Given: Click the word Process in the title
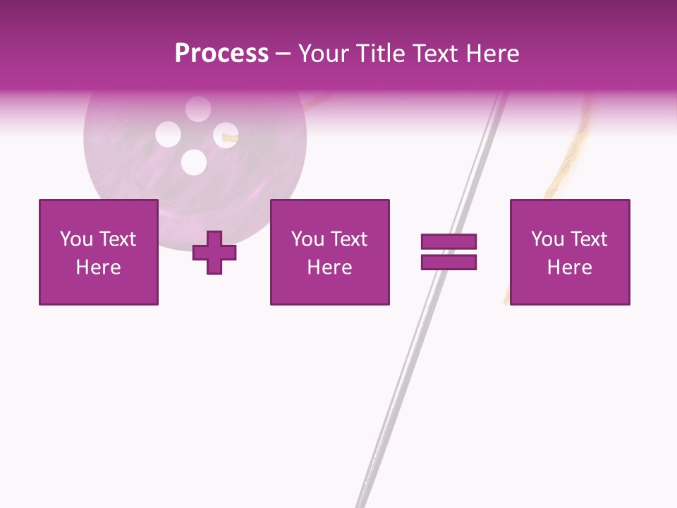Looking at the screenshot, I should (x=221, y=54).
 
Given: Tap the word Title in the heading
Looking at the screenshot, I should (x=379, y=54).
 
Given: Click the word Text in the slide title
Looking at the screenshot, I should (x=434, y=54).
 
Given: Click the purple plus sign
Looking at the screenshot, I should (x=214, y=253).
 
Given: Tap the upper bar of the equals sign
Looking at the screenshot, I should (x=449, y=242).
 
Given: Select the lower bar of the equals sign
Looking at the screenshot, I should (x=449, y=262).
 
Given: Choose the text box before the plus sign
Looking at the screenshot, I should (x=99, y=253).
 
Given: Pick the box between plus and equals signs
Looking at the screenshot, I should (x=330, y=253).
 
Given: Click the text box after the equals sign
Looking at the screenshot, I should (x=570, y=253).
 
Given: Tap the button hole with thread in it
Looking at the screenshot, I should (x=226, y=134).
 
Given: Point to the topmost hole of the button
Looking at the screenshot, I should (x=198, y=108).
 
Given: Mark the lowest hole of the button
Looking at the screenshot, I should (x=193, y=163).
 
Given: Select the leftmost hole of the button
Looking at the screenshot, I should (x=168, y=134).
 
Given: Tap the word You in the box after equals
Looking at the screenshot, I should (x=547, y=239).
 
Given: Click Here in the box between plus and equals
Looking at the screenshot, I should (x=330, y=267).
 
